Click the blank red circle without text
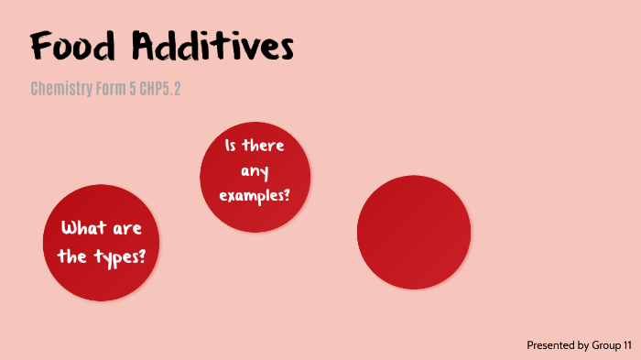click(414, 232)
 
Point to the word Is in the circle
click(232, 147)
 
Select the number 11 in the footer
click(627, 345)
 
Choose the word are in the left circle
click(126, 228)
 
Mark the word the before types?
click(71, 256)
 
